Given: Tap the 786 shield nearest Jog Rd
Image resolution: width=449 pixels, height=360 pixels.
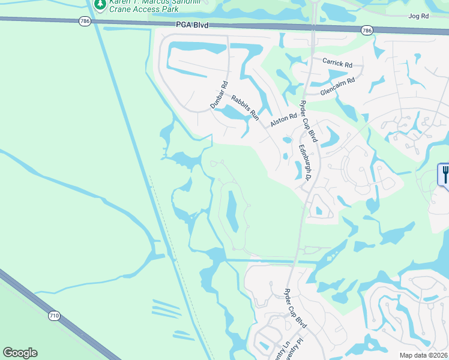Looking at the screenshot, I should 366,29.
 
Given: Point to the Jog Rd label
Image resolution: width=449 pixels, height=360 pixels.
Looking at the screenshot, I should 418,16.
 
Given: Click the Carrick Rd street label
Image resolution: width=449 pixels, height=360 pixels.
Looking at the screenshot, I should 337,62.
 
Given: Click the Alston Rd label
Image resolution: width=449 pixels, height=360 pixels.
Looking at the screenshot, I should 283,120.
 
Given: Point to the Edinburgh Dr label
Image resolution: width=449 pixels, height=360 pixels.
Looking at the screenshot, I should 304,162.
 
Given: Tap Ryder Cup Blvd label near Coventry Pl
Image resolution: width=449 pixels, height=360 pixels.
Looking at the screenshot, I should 295,308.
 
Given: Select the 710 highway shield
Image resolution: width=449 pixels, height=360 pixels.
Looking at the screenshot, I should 54,316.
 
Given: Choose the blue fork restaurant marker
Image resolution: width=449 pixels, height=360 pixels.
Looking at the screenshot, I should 445,175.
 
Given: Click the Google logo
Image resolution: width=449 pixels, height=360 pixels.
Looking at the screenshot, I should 20,353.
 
